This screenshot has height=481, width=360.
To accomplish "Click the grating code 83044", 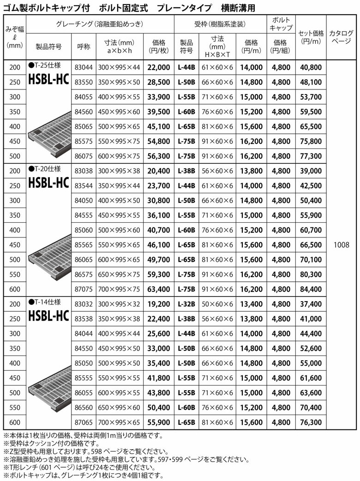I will pos(85,67).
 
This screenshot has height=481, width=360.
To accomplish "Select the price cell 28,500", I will pos(159,82).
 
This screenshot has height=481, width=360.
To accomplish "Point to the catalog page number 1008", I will pos(342,245).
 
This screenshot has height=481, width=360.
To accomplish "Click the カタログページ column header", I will pos(342,37).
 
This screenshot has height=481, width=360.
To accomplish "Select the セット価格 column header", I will pos(311,37).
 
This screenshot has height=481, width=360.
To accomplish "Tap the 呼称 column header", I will pos(85,47).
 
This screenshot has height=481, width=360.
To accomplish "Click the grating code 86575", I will pos(85,274).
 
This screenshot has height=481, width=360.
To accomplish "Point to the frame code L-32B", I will pos(186,304).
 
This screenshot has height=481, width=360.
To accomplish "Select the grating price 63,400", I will pos(159,289).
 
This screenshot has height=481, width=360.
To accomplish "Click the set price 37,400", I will pos(311,304).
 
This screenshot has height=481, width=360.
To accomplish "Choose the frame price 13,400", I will pos(251,304).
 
